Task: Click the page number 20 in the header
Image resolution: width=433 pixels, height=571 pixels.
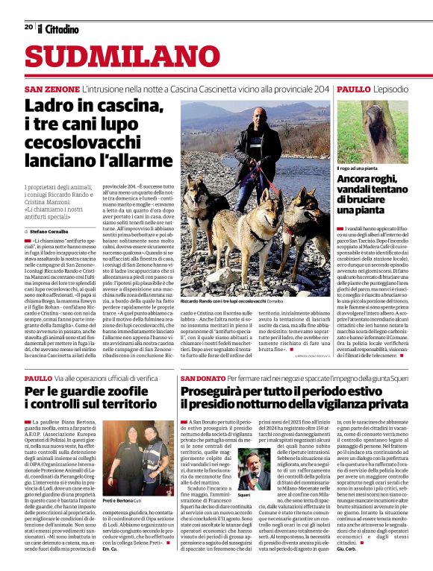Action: [x=28, y=27]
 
